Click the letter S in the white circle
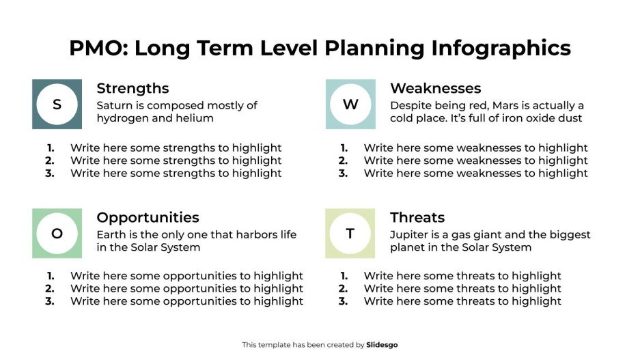[57, 105]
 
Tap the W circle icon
[350, 105]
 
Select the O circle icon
[57, 234]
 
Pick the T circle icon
[350, 234]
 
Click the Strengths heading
[133, 89]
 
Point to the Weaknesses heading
[435, 89]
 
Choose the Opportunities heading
[148, 218]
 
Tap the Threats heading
[417, 218]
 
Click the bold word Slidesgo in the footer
[382, 345]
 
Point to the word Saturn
[114, 106]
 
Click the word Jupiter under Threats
[410, 235]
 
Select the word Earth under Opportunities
[111, 235]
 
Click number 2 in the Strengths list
[50, 161]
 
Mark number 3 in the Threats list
[343, 301]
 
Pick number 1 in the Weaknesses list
[344, 148]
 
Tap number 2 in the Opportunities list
[50, 289]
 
